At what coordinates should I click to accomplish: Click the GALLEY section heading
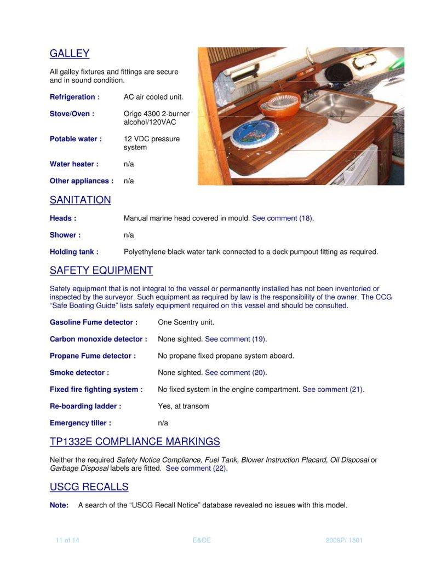[x=70, y=54]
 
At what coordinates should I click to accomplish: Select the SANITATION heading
[x=80, y=200]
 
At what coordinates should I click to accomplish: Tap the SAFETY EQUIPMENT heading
[x=101, y=270]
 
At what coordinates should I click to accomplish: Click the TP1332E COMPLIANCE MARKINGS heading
[x=135, y=442]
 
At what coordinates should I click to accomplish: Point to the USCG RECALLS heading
[x=89, y=487]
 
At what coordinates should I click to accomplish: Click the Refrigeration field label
[x=74, y=97]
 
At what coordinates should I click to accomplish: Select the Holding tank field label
[x=74, y=252]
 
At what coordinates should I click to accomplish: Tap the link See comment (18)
[x=282, y=218]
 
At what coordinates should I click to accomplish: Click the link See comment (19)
[x=236, y=339]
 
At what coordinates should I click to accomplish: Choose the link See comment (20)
[x=236, y=373]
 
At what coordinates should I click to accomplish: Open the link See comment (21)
[x=333, y=390]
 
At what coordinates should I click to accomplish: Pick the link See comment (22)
[x=196, y=469]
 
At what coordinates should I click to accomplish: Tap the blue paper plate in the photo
[x=254, y=134]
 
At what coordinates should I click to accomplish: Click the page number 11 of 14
[x=67, y=540]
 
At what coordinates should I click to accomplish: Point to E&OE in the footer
[x=202, y=540]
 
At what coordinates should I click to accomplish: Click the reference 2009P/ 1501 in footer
[x=344, y=540]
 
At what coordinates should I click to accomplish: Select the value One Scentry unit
[x=186, y=322]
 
